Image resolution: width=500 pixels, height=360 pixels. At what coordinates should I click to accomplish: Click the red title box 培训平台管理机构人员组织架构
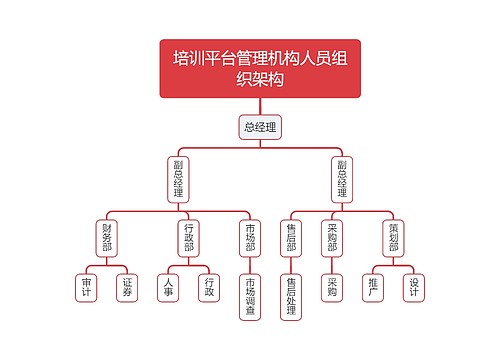coord(260,68)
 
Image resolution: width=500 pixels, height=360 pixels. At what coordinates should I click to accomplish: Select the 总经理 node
coord(260,127)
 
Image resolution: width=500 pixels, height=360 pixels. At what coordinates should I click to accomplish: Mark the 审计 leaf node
coord(87,287)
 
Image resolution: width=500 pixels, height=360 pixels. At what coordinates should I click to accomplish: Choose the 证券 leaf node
coord(127,287)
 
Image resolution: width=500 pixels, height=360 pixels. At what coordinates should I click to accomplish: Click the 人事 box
coord(169,287)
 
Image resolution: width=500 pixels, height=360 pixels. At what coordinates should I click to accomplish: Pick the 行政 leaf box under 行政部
coord(209,287)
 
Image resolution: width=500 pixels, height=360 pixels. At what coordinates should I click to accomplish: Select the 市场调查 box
coord(250,297)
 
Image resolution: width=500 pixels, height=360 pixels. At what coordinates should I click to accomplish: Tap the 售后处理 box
coord(291,297)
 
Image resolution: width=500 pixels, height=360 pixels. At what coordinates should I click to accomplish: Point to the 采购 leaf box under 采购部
coord(332,287)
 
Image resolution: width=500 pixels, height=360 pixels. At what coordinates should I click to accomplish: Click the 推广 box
coord(373,287)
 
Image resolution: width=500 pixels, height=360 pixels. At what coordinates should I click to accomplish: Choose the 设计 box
coord(413,287)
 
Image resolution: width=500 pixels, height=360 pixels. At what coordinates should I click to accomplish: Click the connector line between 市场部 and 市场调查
coord(250,266)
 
